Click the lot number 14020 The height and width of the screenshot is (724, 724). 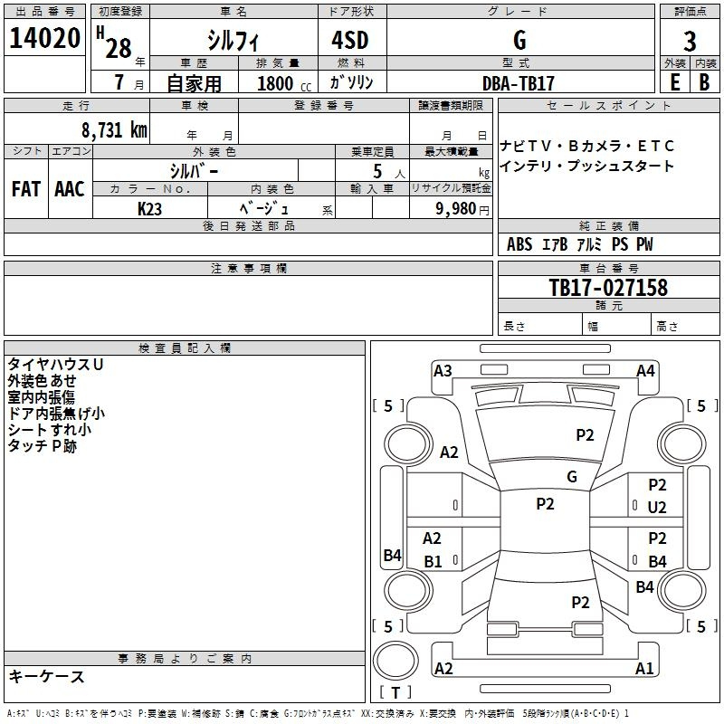coord(44,38)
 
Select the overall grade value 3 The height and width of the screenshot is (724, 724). coord(690,42)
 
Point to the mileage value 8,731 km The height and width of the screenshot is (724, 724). coord(115,130)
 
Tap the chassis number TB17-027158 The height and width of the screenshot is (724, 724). coord(608,287)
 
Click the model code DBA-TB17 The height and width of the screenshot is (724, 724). coord(518,83)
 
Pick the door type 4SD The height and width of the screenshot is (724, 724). coord(350,40)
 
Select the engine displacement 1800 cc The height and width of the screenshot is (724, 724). coord(284,83)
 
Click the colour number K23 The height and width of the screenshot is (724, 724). coord(149,209)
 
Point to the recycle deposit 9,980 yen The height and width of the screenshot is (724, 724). coord(462,209)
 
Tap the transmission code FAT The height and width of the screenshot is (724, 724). coord(26,189)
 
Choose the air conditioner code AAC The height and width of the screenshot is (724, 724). coord(70,189)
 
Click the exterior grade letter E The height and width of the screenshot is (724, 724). coord(675,82)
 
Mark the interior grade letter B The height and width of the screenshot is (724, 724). coord(704,82)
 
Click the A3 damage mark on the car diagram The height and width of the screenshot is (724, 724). coord(443,371)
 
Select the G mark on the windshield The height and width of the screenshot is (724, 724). coord(572,476)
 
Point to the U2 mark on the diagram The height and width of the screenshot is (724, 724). coord(657,508)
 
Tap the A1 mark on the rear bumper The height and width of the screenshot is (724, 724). coord(644,668)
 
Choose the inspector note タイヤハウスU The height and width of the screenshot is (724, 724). coord(55,365)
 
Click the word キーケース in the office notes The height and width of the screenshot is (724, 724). coord(47,676)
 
